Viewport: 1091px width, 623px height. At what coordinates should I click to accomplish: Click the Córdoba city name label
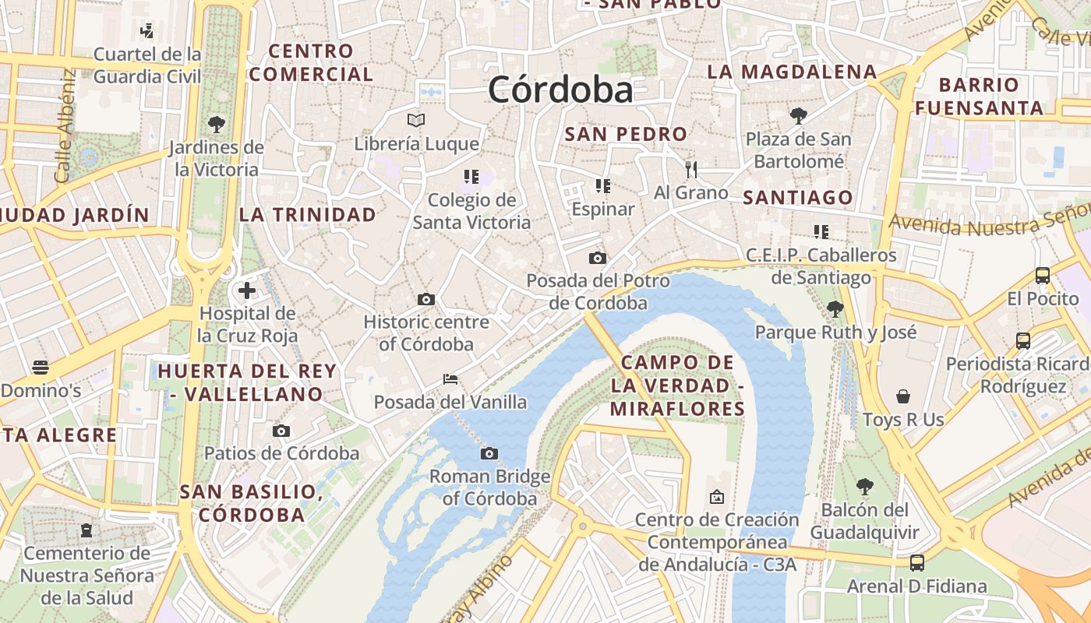(560, 90)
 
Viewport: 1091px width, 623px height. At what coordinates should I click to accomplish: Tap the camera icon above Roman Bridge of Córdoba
(489, 453)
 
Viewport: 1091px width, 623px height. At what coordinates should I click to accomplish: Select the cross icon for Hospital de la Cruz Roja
(247, 291)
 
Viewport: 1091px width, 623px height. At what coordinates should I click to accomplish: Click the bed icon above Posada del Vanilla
(450, 379)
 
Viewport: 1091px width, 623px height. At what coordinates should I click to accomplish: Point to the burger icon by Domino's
(41, 368)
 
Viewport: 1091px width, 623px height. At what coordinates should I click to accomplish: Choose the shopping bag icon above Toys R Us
(903, 396)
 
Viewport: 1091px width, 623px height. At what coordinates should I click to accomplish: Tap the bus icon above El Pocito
(1043, 275)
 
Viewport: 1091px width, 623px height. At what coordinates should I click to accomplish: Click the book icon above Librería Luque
(416, 120)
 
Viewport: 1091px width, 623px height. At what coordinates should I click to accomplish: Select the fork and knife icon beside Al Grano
(690, 169)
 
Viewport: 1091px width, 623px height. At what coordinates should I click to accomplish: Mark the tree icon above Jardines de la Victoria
(217, 124)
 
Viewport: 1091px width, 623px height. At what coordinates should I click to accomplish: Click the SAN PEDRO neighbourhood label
(626, 134)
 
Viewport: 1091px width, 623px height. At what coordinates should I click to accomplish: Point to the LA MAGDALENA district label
(792, 72)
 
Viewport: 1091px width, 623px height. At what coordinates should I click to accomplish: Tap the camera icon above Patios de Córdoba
(281, 431)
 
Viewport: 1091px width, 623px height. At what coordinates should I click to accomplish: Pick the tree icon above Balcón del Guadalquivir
(864, 487)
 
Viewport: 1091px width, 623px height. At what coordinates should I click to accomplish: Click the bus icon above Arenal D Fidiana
(917, 562)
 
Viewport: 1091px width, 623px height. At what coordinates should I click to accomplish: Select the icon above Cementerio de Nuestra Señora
(87, 530)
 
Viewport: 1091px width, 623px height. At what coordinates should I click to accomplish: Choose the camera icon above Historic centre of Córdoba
(425, 299)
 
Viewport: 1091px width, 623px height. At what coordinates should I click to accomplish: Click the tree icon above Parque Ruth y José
(835, 309)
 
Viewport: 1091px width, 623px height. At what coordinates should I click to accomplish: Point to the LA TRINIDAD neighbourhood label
(307, 215)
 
